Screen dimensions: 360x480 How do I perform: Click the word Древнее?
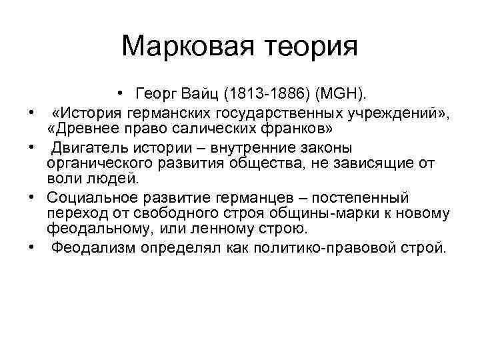[85, 128]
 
